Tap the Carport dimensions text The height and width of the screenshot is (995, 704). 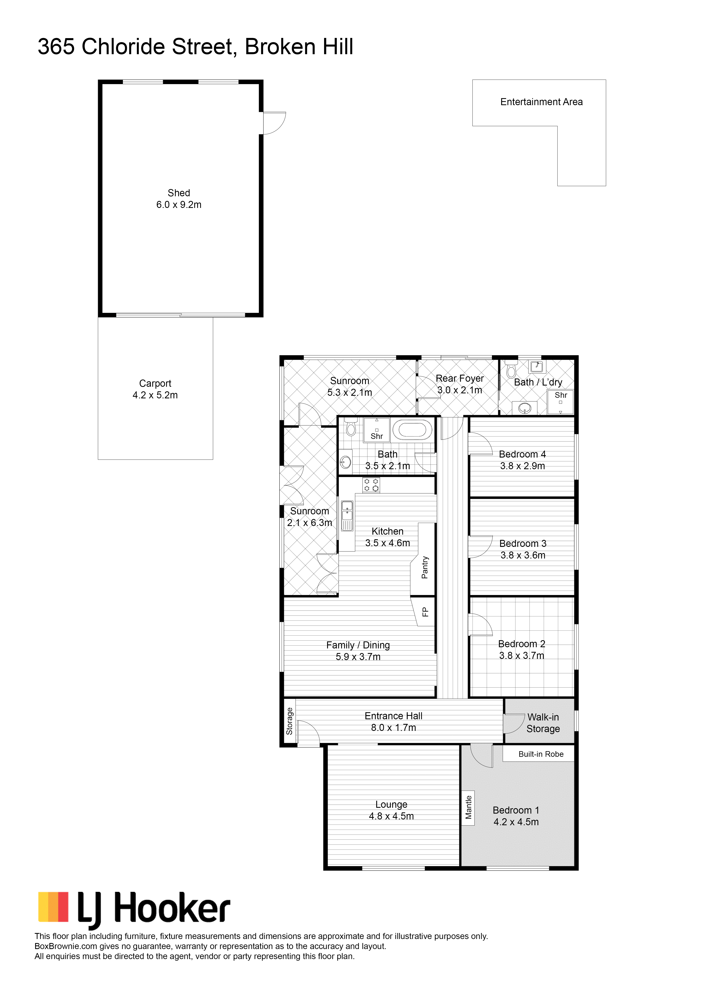[155, 395]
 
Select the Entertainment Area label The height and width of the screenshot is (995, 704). [541, 102]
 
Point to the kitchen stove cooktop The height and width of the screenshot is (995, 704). [371, 485]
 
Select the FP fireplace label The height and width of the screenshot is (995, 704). [425, 612]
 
